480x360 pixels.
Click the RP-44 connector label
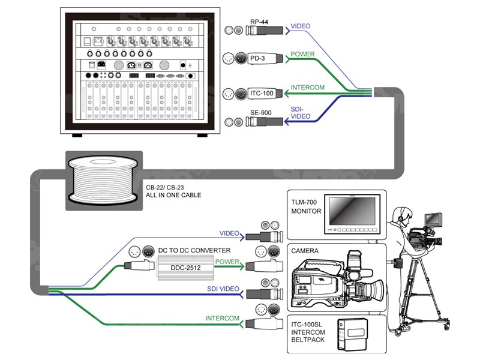point(259,22)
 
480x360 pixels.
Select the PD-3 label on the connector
point(259,58)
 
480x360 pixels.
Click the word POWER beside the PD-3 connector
point(302,55)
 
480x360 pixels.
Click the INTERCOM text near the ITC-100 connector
point(307,88)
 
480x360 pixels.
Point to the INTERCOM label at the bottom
point(223,318)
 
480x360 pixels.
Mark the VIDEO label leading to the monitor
point(229,233)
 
